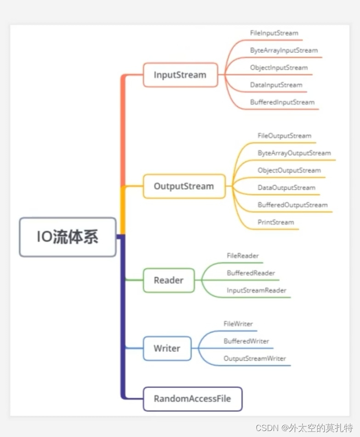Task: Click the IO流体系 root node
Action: pyautogui.click(x=68, y=237)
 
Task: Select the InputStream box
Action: pyautogui.click(x=180, y=75)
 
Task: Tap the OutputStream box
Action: pyautogui.click(x=184, y=186)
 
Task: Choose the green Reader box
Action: pyautogui.click(x=169, y=280)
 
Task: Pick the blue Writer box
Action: pyautogui.click(x=167, y=348)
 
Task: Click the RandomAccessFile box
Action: pyautogui.click(x=192, y=399)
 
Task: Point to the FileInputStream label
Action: pyautogui.click(x=274, y=33)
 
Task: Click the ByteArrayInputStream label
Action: pyautogui.click(x=284, y=51)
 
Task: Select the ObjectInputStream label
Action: pyautogui.click(x=279, y=68)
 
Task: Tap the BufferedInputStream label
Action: pyautogui.click(x=282, y=102)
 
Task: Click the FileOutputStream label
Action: pyautogui.click(x=284, y=136)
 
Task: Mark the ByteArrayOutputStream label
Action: pyautogui.click(x=294, y=153)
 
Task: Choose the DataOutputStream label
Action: pyautogui.click(x=286, y=187)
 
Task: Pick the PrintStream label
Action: pyautogui.click(x=275, y=222)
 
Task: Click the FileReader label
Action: pyautogui.click(x=243, y=255)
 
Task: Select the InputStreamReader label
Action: pyautogui.click(x=257, y=290)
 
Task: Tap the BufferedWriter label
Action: pyautogui.click(x=246, y=341)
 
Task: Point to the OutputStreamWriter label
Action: pyautogui.click(x=255, y=358)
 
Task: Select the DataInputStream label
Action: pyautogui.click(x=276, y=85)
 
